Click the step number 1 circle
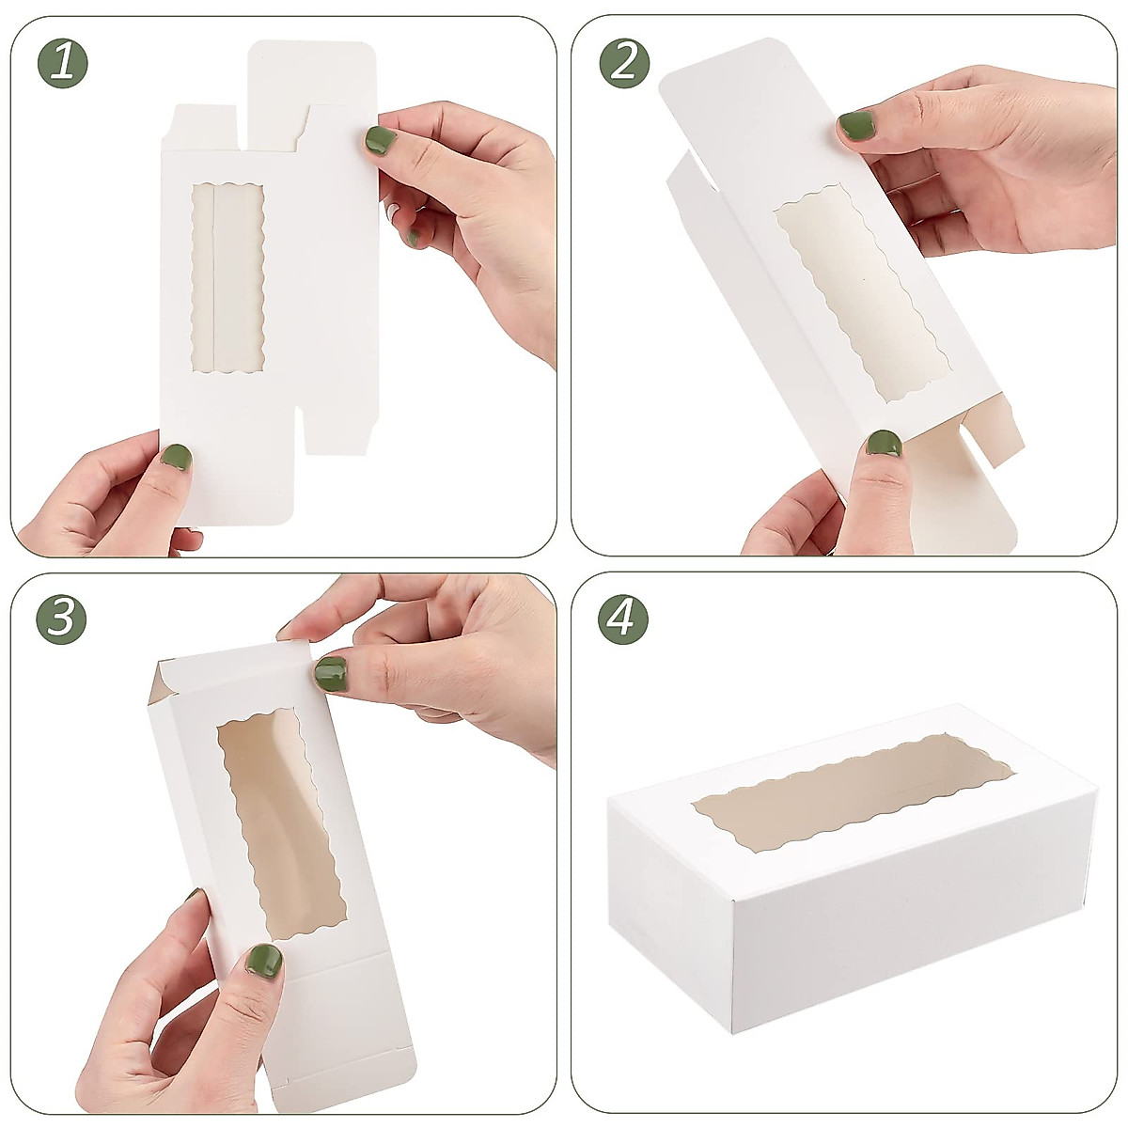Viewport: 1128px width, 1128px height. tap(62, 62)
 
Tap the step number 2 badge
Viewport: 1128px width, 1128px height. tap(624, 62)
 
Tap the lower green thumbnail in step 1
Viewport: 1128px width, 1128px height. tap(176, 458)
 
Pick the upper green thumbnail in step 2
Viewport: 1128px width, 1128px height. tap(855, 124)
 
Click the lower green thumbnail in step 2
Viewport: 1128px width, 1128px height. tap(883, 443)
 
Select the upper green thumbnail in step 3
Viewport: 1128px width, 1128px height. tap(330, 672)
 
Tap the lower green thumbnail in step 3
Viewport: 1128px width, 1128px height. tap(264, 960)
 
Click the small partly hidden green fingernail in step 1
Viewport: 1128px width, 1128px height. tap(413, 238)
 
